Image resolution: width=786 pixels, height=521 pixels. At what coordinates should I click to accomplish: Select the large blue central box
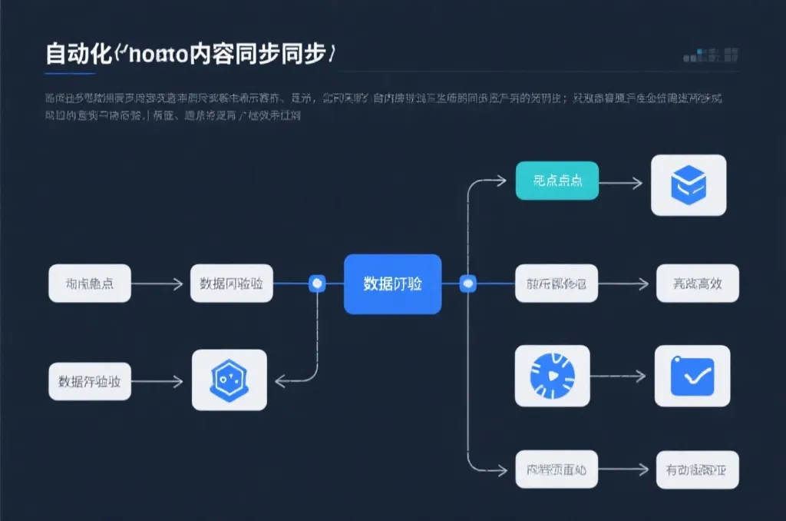(x=392, y=284)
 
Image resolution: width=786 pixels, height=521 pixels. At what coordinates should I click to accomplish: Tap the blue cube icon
(x=688, y=184)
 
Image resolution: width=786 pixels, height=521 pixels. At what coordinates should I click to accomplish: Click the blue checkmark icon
(x=692, y=376)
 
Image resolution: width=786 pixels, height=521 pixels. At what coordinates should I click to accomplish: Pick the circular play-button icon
(x=552, y=375)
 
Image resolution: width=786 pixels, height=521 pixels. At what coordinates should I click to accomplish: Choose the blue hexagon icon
(x=228, y=380)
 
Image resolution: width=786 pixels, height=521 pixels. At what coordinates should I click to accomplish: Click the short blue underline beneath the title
(x=70, y=74)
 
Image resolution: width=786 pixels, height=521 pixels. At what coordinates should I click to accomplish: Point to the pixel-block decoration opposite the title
(x=711, y=55)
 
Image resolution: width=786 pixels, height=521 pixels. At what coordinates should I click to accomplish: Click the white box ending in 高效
(x=697, y=284)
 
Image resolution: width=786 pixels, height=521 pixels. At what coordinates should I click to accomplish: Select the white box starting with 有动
(x=697, y=469)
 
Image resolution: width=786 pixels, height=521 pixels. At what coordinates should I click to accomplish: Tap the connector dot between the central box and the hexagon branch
(x=317, y=284)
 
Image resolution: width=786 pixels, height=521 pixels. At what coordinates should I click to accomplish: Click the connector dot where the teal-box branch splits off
(x=468, y=284)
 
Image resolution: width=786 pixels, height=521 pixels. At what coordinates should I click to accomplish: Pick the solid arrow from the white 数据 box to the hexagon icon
(x=157, y=381)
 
